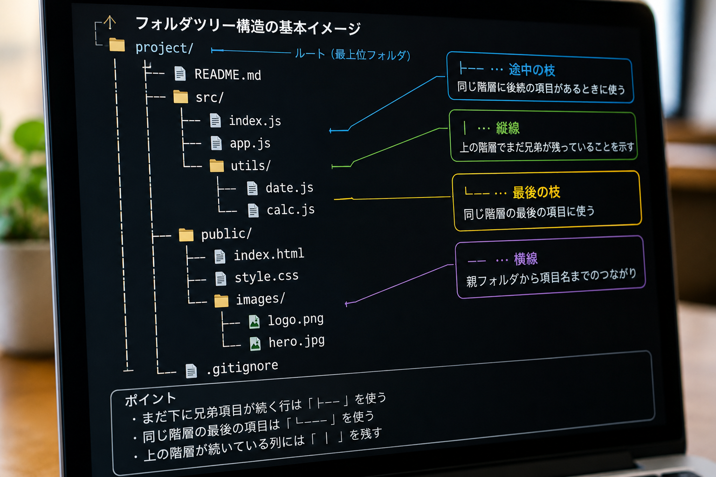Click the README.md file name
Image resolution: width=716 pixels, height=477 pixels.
point(227,75)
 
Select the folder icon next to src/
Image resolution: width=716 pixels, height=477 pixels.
point(180,97)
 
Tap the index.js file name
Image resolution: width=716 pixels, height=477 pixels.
point(255,121)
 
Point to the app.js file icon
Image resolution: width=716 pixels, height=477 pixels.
point(216,143)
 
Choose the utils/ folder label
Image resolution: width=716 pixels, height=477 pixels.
point(251,165)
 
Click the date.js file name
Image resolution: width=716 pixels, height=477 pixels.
point(289,188)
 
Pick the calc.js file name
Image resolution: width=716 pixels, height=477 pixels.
point(290,210)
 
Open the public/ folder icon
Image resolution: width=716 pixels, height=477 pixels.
point(186,235)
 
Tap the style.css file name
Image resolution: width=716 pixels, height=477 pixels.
point(267,277)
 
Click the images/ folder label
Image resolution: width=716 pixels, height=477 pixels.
point(260,299)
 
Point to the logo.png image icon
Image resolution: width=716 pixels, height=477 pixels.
point(255,322)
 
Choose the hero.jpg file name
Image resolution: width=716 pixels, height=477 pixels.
point(296,341)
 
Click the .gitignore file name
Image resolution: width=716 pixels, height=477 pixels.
point(242,368)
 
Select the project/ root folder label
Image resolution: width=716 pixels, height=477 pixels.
point(164,48)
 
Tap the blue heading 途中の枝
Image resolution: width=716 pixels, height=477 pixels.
point(532,70)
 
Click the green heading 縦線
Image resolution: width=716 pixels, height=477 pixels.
point(508,129)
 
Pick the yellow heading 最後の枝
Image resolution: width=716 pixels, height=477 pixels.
point(537,192)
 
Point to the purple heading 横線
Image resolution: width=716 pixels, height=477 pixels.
point(526,259)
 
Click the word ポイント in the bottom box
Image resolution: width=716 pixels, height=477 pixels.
point(151,399)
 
